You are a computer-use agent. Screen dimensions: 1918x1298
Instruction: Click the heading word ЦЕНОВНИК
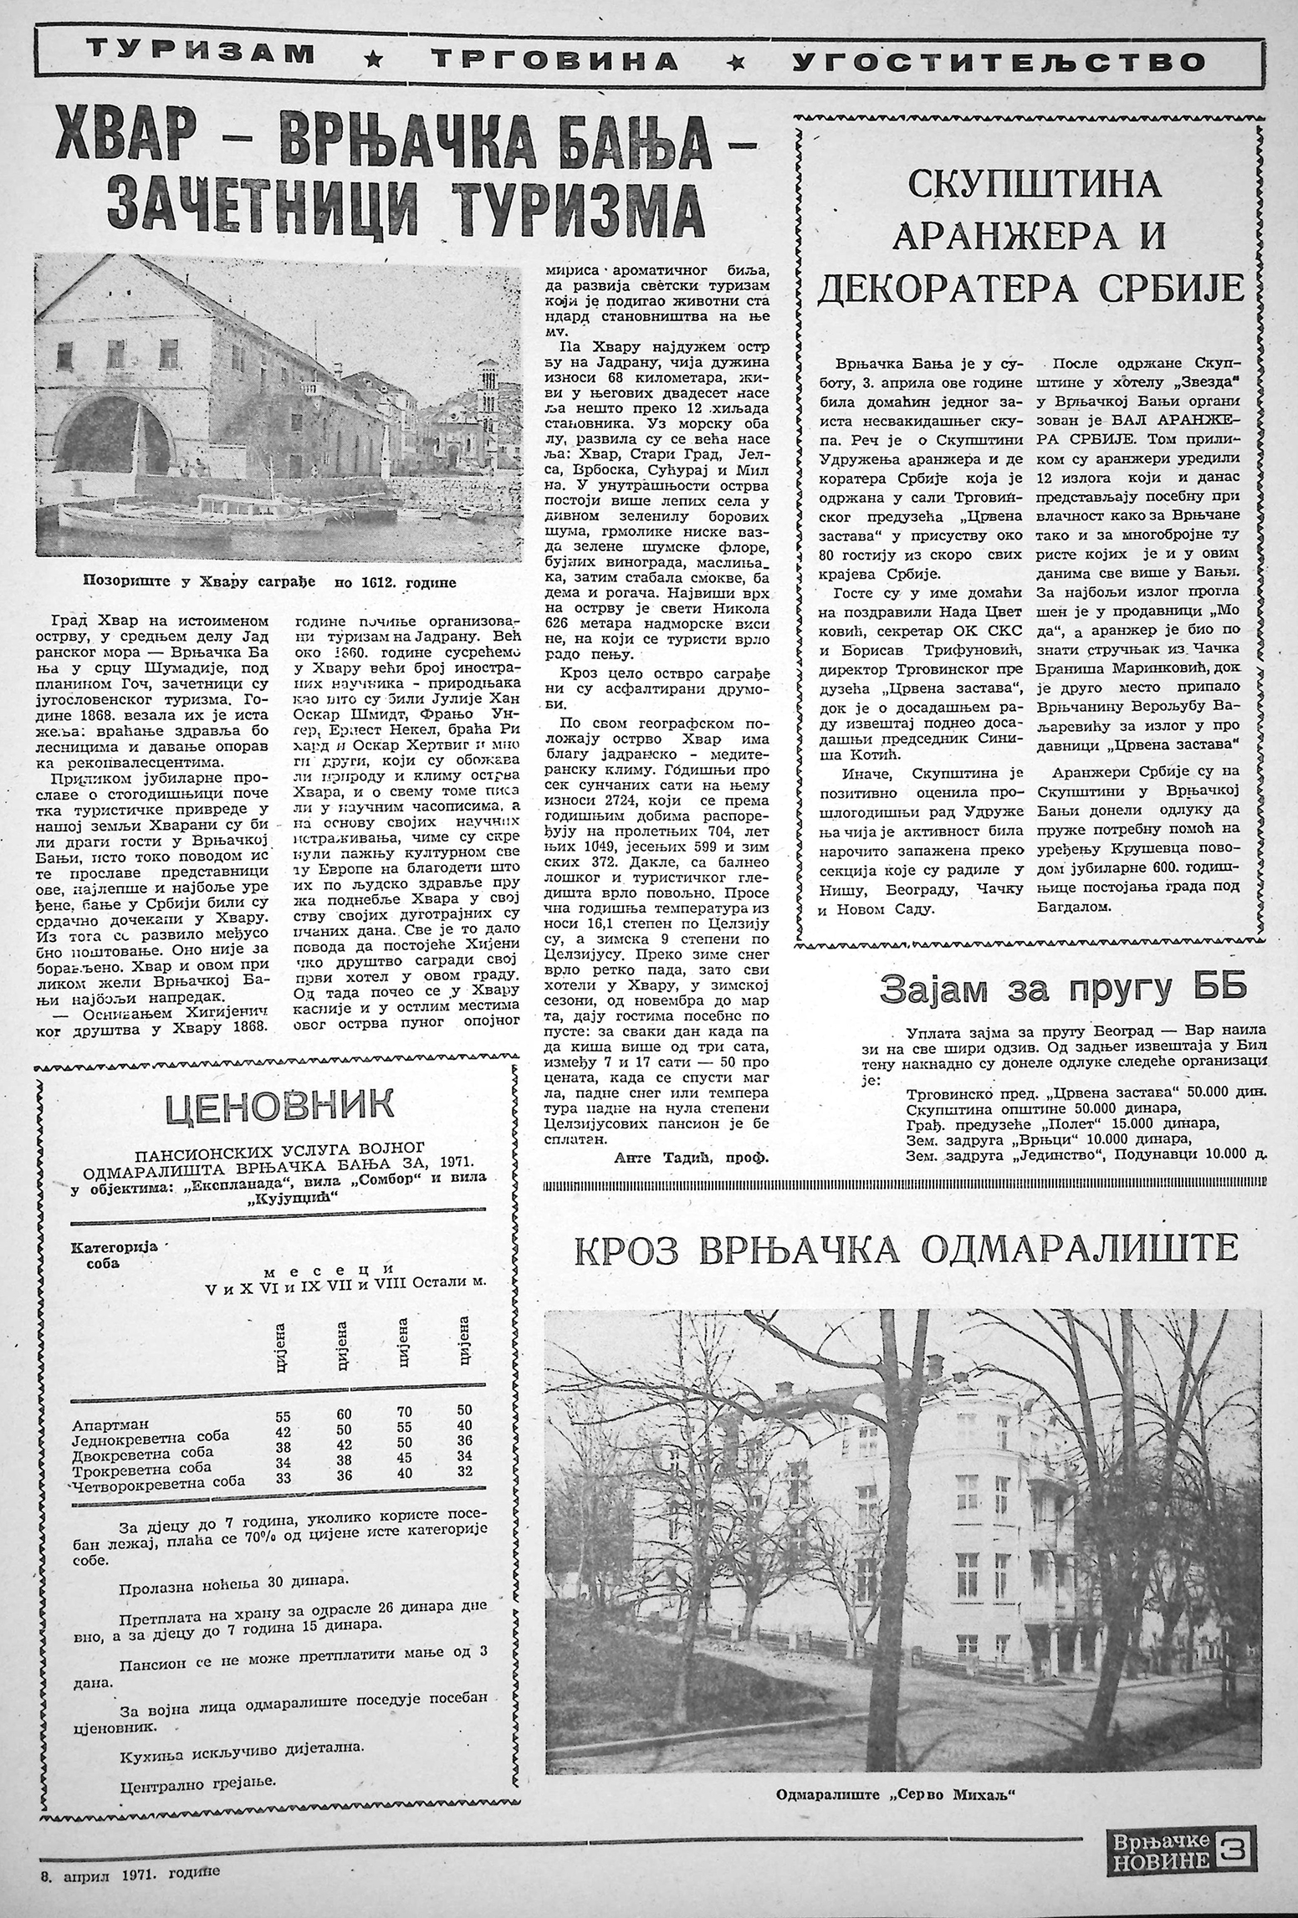pos(279,1107)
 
